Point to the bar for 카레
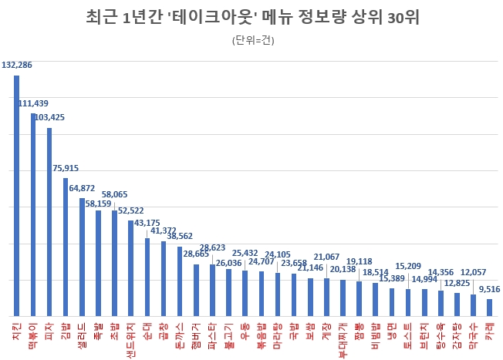tap(488, 308)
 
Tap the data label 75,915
tap(66, 168)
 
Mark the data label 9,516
tap(488, 289)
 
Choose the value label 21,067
tap(327, 257)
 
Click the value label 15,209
tap(408, 265)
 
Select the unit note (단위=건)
tap(251, 40)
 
